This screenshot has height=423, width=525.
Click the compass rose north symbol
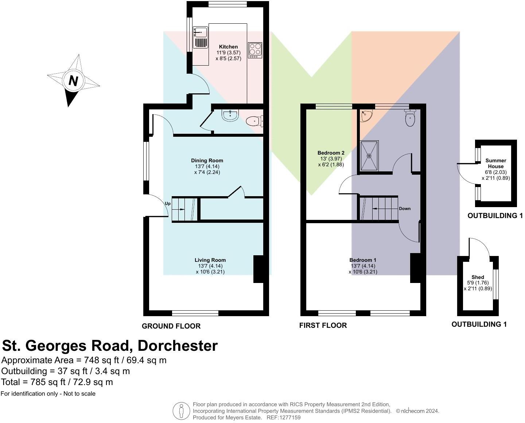(73, 81)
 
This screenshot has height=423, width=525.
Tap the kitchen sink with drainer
(200, 37)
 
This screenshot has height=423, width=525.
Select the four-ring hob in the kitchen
(255, 50)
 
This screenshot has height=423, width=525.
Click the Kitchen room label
(228, 47)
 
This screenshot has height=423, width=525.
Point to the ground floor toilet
(254, 121)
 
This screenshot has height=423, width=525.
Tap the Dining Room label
(207, 160)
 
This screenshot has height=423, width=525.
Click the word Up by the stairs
(168, 204)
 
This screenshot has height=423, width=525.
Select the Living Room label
(210, 260)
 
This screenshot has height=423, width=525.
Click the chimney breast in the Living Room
(258, 269)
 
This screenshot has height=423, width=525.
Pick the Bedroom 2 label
(331, 153)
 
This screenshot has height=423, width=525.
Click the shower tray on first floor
(369, 156)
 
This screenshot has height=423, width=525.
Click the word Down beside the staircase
(405, 209)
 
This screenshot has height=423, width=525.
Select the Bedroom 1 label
(363, 260)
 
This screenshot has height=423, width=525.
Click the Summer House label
(495, 163)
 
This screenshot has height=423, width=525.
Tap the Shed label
(478, 277)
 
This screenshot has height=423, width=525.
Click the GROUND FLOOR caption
(171, 326)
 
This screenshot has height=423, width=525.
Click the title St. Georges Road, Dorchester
(110, 346)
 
